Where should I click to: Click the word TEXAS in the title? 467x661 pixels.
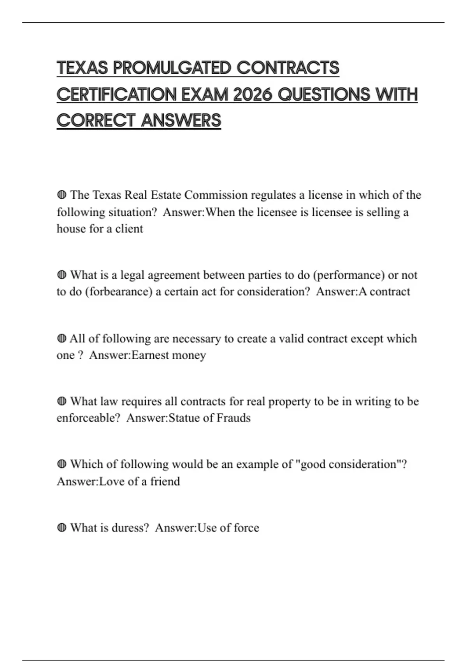(x=82, y=68)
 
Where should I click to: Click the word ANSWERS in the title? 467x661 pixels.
(x=181, y=121)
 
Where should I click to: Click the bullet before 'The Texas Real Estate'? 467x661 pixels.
(x=61, y=194)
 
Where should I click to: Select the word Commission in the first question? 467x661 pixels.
(x=216, y=195)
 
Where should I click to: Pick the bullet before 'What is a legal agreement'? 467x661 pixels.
(x=61, y=275)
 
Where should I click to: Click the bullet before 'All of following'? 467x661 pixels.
(x=61, y=338)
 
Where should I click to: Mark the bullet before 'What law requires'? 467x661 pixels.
(x=61, y=401)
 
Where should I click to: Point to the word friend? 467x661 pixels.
(x=165, y=481)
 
